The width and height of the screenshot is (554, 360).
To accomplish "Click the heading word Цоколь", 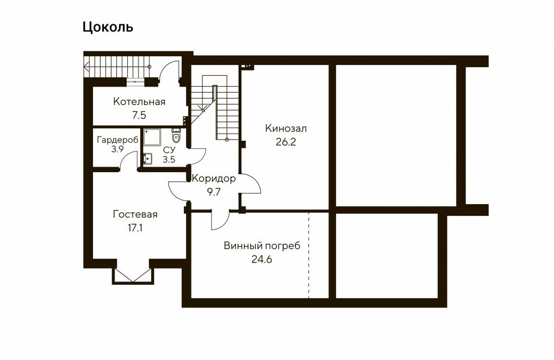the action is pos(108,27).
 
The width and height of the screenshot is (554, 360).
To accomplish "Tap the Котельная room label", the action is pos(139,102).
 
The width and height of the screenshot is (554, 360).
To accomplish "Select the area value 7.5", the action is pos(139,115).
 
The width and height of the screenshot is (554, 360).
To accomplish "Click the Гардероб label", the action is pos(117,140).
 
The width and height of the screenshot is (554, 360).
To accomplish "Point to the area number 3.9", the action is pos(117,149).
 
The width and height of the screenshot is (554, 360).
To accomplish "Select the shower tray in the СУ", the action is pos(152,137).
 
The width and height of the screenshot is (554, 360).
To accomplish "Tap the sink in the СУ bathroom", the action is pos(148,159).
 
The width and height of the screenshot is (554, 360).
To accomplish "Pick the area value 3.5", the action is pos(169,160).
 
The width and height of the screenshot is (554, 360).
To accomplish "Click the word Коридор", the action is pos(214,179).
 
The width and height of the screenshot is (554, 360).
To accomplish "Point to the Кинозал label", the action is pos(286,128).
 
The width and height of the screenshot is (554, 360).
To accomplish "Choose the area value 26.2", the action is pos(286,142).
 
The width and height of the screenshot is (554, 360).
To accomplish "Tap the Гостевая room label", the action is pos(135,215).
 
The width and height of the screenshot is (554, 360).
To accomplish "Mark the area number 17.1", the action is pos(135,228).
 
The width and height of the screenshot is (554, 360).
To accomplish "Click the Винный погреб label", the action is pos(262,246).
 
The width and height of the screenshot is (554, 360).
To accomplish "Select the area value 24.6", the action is pos(262,259).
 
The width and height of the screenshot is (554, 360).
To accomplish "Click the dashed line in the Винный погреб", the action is pos(308,255).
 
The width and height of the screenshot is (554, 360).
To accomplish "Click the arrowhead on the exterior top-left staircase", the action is pos(86,65).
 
